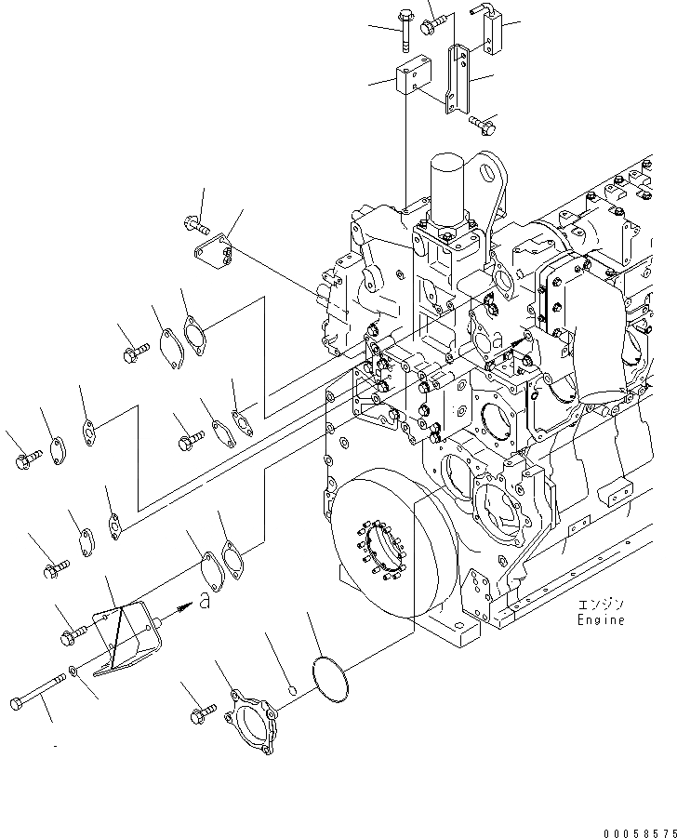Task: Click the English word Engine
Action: click(600, 620)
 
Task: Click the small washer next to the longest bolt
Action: click(73, 672)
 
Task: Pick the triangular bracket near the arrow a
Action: click(126, 632)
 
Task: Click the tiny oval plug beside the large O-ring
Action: click(293, 690)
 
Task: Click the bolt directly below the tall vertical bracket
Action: click(480, 121)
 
